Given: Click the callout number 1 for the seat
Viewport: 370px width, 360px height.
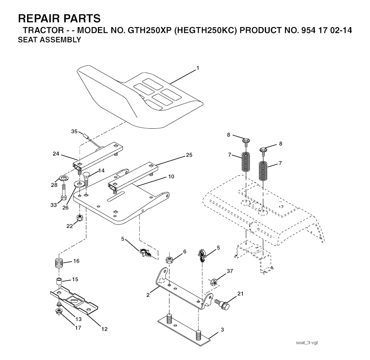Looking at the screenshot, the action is (x=198, y=68).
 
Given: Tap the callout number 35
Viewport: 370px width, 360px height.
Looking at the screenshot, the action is (x=74, y=131).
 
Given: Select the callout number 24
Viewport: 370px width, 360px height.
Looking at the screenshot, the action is (x=56, y=154).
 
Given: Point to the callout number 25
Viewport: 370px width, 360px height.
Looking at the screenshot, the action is (x=189, y=155).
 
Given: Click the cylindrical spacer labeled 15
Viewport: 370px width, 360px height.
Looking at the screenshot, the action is (x=59, y=282).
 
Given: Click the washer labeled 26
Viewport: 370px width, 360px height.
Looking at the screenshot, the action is (x=78, y=183).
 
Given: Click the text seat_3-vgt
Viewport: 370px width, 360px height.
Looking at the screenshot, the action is (x=306, y=343).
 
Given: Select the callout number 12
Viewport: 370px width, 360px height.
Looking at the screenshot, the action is (x=104, y=329).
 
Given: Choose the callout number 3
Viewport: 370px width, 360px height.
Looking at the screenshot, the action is (x=222, y=330).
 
